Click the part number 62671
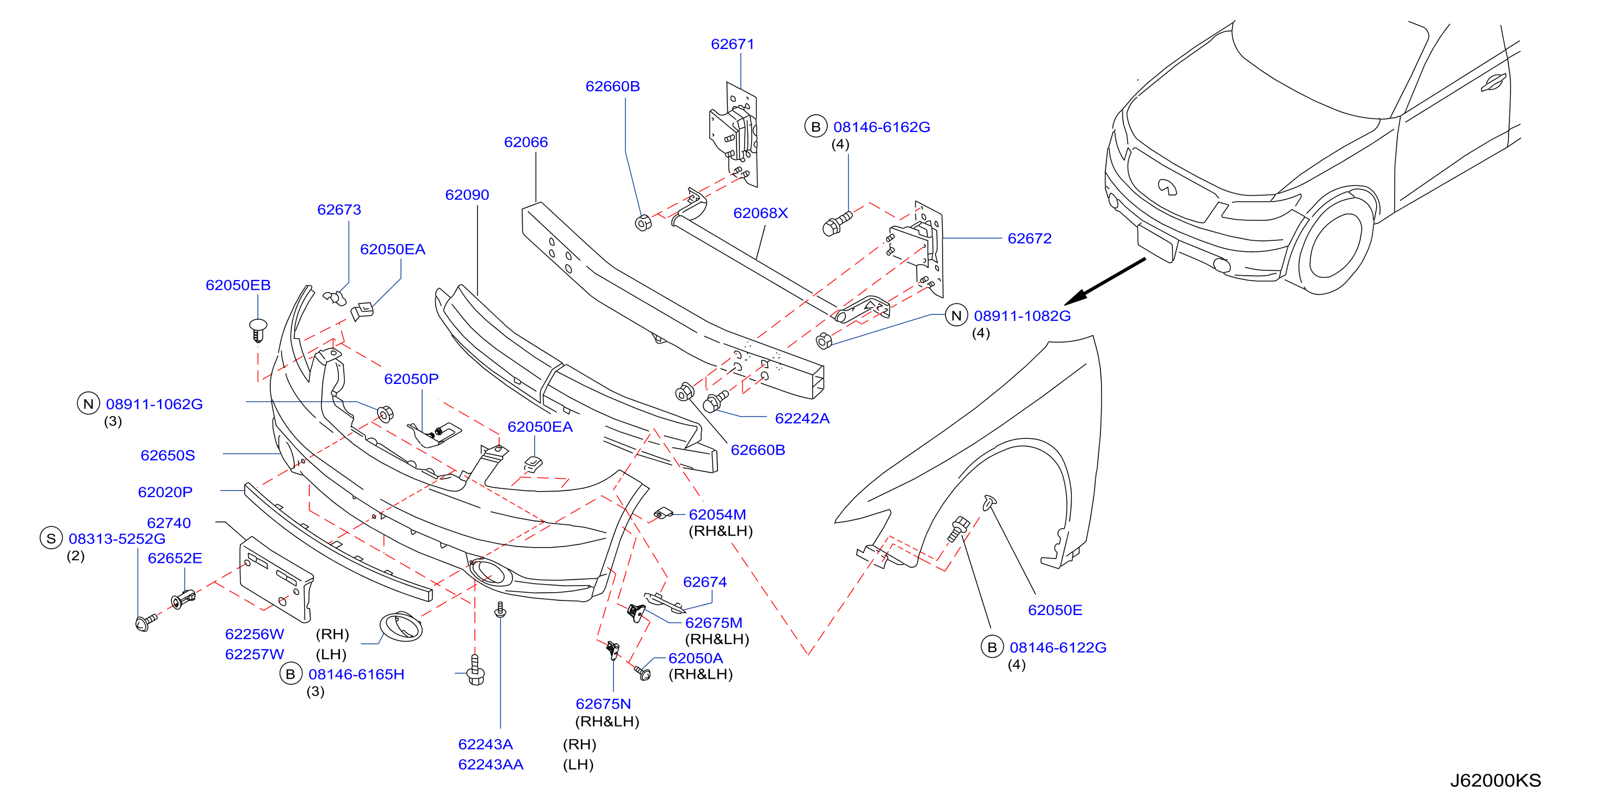[733, 44]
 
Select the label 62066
[526, 142]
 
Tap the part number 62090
[467, 195]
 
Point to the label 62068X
[760, 213]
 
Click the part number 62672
[1029, 238]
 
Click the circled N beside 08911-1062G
[88, 404]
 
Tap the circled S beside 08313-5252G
[51, 538]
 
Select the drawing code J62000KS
[1495, 780]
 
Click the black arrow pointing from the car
[1105, 281]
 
